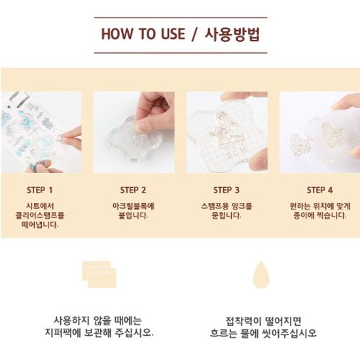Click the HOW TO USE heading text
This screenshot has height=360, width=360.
pos(143,34)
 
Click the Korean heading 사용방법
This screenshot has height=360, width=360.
pos(232,35)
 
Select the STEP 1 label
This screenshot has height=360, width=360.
pos(40,190)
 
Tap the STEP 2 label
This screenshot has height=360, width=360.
pos(133,190)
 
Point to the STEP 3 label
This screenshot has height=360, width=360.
pos(226,190)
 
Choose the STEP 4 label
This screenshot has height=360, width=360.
pos(319,190)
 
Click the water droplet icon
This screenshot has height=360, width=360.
pos(261,275)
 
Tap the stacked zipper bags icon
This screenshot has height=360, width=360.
pos(99,274)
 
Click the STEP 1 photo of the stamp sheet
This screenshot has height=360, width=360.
pos(41,132)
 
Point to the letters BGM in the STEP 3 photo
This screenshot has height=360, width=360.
pos(237,153)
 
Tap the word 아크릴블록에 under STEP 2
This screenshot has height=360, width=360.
pos(134,206)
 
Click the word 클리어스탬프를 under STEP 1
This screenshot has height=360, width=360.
pos(40,215)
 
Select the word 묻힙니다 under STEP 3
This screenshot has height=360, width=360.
pos(226,215)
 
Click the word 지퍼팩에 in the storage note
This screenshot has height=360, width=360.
pos(63,333)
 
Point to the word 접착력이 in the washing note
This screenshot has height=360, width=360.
pos(243,321)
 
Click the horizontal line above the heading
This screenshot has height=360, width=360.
pos(181,18)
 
